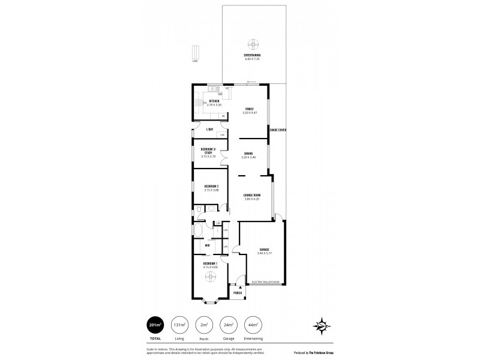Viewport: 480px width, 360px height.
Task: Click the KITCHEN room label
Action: pyautogui.click(x=214, y=102)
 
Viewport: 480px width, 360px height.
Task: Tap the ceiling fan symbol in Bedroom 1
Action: pyautogui.click(x=211, y=276)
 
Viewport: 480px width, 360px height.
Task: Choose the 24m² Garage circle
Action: pyautogui.click(x=229, y=325)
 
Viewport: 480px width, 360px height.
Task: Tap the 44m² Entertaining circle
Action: pyautogui.click(x=253, y=325)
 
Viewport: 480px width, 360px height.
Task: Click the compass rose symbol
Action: pyautogui.click(x=322, y=326)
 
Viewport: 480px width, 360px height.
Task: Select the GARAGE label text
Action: pyautogui.click(x=264, y=250)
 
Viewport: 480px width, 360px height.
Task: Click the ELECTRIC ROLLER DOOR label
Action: pyautogui.click(x=266, y=281)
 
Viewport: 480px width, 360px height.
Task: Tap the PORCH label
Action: pyautogui.click(x=237, y=293)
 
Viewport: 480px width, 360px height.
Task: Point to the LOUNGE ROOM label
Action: pyautogui.click(x=251, y=196)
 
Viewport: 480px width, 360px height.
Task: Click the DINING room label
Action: pyautogui.click(x=248, y=155)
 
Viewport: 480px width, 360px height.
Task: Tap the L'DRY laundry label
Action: pyautogui.click(x=209, y=129)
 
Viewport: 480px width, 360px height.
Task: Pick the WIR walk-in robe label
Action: pyautogui.click(x=207, y=245)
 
